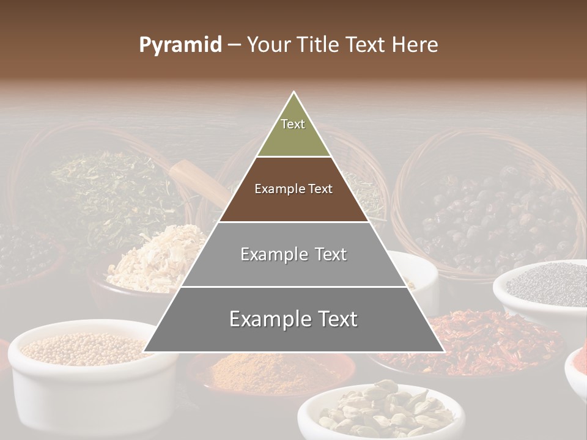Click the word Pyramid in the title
point(180,45)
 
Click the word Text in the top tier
point(293,124)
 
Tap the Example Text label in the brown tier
point(293,189)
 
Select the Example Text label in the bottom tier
point(293,319)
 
